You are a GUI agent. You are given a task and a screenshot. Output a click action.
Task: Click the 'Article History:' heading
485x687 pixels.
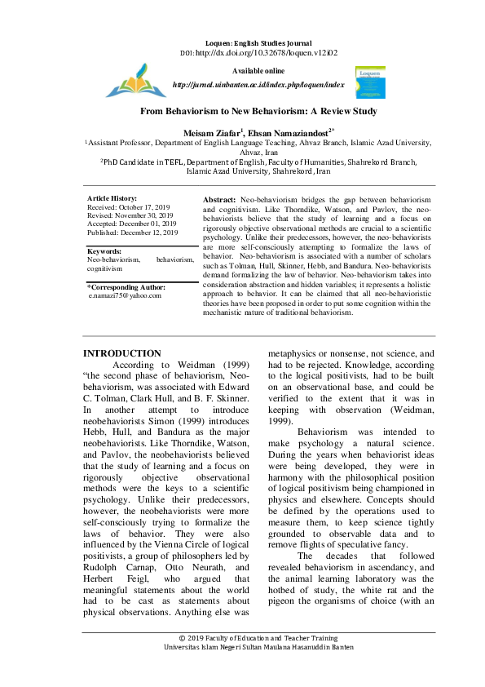[112, 198]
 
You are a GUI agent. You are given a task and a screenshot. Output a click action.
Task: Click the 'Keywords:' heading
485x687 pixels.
[104, 251]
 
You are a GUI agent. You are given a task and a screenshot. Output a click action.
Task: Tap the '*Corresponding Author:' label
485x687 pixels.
[126, 287]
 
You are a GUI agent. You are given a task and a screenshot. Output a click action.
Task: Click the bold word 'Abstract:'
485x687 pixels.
[219, 199]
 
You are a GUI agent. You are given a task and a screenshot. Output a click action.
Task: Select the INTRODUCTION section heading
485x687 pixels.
[122, 352]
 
